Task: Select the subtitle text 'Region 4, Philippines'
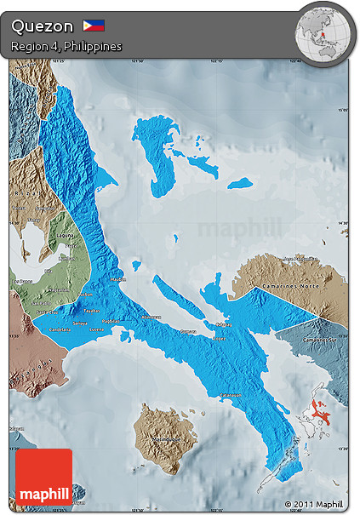66,45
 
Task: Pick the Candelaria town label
60,328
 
